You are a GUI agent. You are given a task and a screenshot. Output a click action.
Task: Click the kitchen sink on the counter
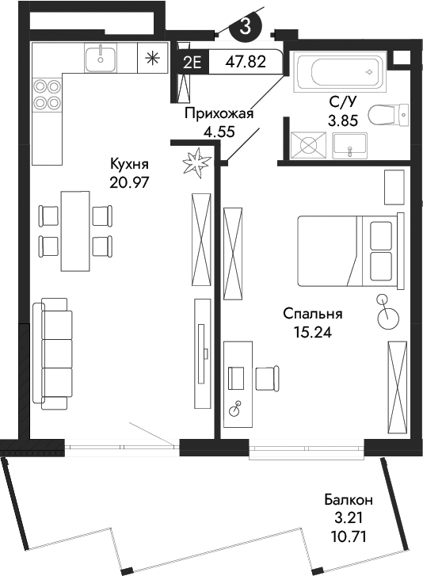101,57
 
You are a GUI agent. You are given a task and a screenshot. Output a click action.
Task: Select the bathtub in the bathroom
338,74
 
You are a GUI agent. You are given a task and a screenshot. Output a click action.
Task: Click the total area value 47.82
246,61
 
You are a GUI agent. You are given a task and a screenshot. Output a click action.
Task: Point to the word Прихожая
219,113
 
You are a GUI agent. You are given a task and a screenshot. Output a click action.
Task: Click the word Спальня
312,313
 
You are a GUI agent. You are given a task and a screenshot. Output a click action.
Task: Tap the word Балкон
349,500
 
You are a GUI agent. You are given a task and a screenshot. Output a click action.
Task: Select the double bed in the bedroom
346,250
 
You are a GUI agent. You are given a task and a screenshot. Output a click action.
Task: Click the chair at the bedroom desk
267,376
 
